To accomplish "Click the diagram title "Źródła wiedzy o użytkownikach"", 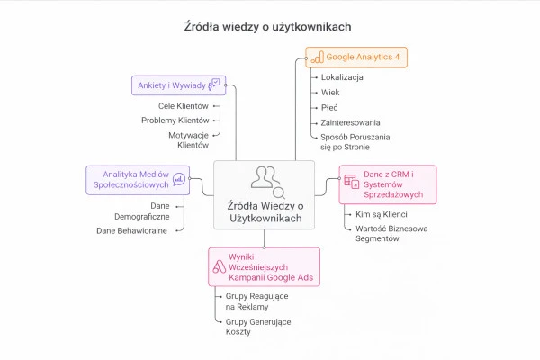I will click(263, 27).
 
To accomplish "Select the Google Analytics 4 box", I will click(355, 58).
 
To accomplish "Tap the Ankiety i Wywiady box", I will click(177, 85).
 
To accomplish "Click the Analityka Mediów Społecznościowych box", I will click(137, 177).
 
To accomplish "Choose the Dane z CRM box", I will click(387, 184).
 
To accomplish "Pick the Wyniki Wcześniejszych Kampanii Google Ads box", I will click(263, 266).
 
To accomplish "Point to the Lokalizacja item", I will click(342, 77).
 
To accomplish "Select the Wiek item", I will click(331, 93).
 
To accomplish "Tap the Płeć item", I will click(329, 107).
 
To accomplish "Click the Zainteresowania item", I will click(350, 122).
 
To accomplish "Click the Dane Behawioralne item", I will click(132, 230).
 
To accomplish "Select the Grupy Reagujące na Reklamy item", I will click(254, 301).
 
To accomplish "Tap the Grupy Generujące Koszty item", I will click(254, 326).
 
